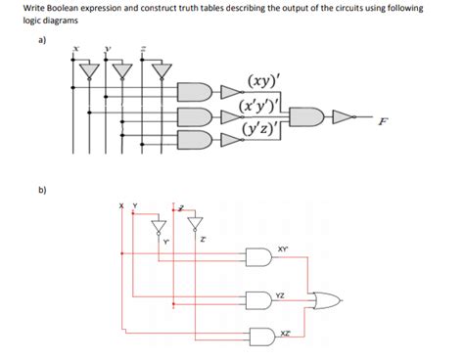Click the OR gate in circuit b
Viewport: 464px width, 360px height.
324,297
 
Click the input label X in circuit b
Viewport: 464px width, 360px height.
121,204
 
